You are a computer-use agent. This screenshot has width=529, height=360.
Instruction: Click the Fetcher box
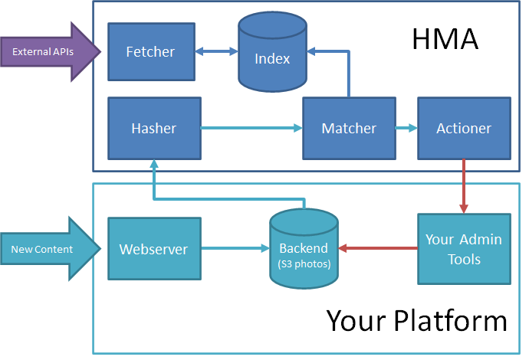point(150,52)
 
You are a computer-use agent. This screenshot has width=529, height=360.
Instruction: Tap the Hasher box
point(153,128)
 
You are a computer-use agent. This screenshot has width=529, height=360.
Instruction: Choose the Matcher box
point(349,128)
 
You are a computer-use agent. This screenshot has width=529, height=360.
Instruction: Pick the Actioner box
point(464,128)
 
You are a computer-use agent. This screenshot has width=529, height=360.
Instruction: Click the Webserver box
point(153,248)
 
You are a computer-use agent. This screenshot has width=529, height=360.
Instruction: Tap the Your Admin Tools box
point(464,248)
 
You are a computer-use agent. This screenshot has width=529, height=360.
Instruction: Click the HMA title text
point(445,39)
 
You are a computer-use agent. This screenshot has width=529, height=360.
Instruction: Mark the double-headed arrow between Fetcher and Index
point(215,52)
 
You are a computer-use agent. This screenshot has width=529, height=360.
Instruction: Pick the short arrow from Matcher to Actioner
point(406,128)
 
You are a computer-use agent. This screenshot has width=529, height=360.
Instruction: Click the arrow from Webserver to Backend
point(234,248)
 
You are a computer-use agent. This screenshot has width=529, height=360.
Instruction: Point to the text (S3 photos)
point(304,264)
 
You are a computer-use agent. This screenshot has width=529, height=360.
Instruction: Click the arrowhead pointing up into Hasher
point(153,164)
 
